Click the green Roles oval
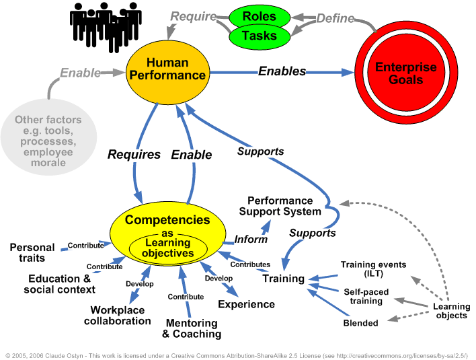click(260, 16)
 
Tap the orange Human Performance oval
click(169, 69)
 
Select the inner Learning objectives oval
click(167, 248)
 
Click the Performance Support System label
click(280, 206)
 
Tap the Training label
click(283, 279)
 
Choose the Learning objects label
click(451, 311)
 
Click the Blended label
click(360, 322)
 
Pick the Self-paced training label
click(363, 296)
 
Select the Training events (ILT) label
click(373, 269)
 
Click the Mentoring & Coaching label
click(192, 328)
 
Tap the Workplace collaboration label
click(118, 316)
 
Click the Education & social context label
click(59, 284)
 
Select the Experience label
click(246, 304)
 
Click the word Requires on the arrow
click(134, 155)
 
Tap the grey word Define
click(335, 18)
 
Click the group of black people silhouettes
click(105, 24)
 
